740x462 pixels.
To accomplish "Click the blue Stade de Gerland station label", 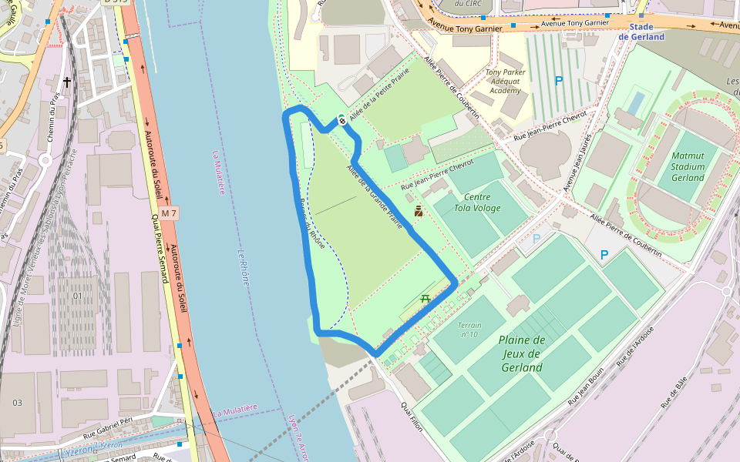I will pos(641,32).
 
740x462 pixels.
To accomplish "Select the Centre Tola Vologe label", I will pos(477,203).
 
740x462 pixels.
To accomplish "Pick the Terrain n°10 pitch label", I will pos(469,330).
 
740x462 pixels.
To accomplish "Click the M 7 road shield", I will pos(169,213).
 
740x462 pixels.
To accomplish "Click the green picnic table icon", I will pos(425,299).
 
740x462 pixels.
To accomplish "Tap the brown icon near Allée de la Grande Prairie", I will pos(419,211).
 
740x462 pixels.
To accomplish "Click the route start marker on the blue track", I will pos(341,119).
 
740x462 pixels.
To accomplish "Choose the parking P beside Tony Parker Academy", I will pos(559,80).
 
